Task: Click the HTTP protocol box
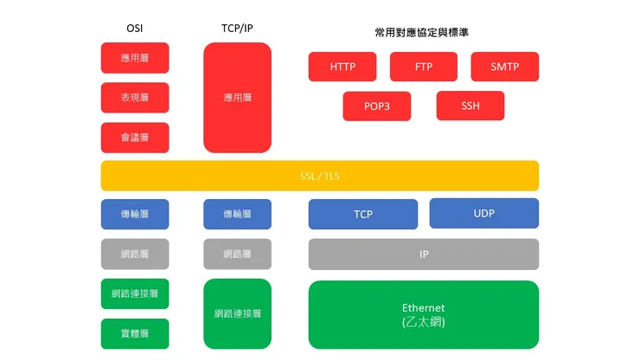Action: (x=342, y=67)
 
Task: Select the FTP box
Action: (x=424, y=67)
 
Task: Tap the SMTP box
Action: (x=504, y=67)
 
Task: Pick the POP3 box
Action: (x=376, y=106)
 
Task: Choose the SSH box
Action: (x=470, y=106)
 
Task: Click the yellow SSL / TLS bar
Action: (x=319, y=176)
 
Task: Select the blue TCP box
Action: (x=362, y=214)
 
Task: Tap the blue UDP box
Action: (x=483, y=213)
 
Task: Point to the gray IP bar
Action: (x=423, y=254)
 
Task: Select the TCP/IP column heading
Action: (x=237, y=29)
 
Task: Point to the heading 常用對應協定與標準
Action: (x=423, y=32)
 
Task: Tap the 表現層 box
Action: (x=135, y=98)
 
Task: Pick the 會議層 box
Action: (x=135, y=138)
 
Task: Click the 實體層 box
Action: (x=135, y=333)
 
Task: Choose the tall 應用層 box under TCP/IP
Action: (x=237, y=98)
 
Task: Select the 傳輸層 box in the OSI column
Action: (x=135, y=214)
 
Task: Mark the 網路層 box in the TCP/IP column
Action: (x=237, y=254)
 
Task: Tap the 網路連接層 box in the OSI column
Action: (x=135, y=293)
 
